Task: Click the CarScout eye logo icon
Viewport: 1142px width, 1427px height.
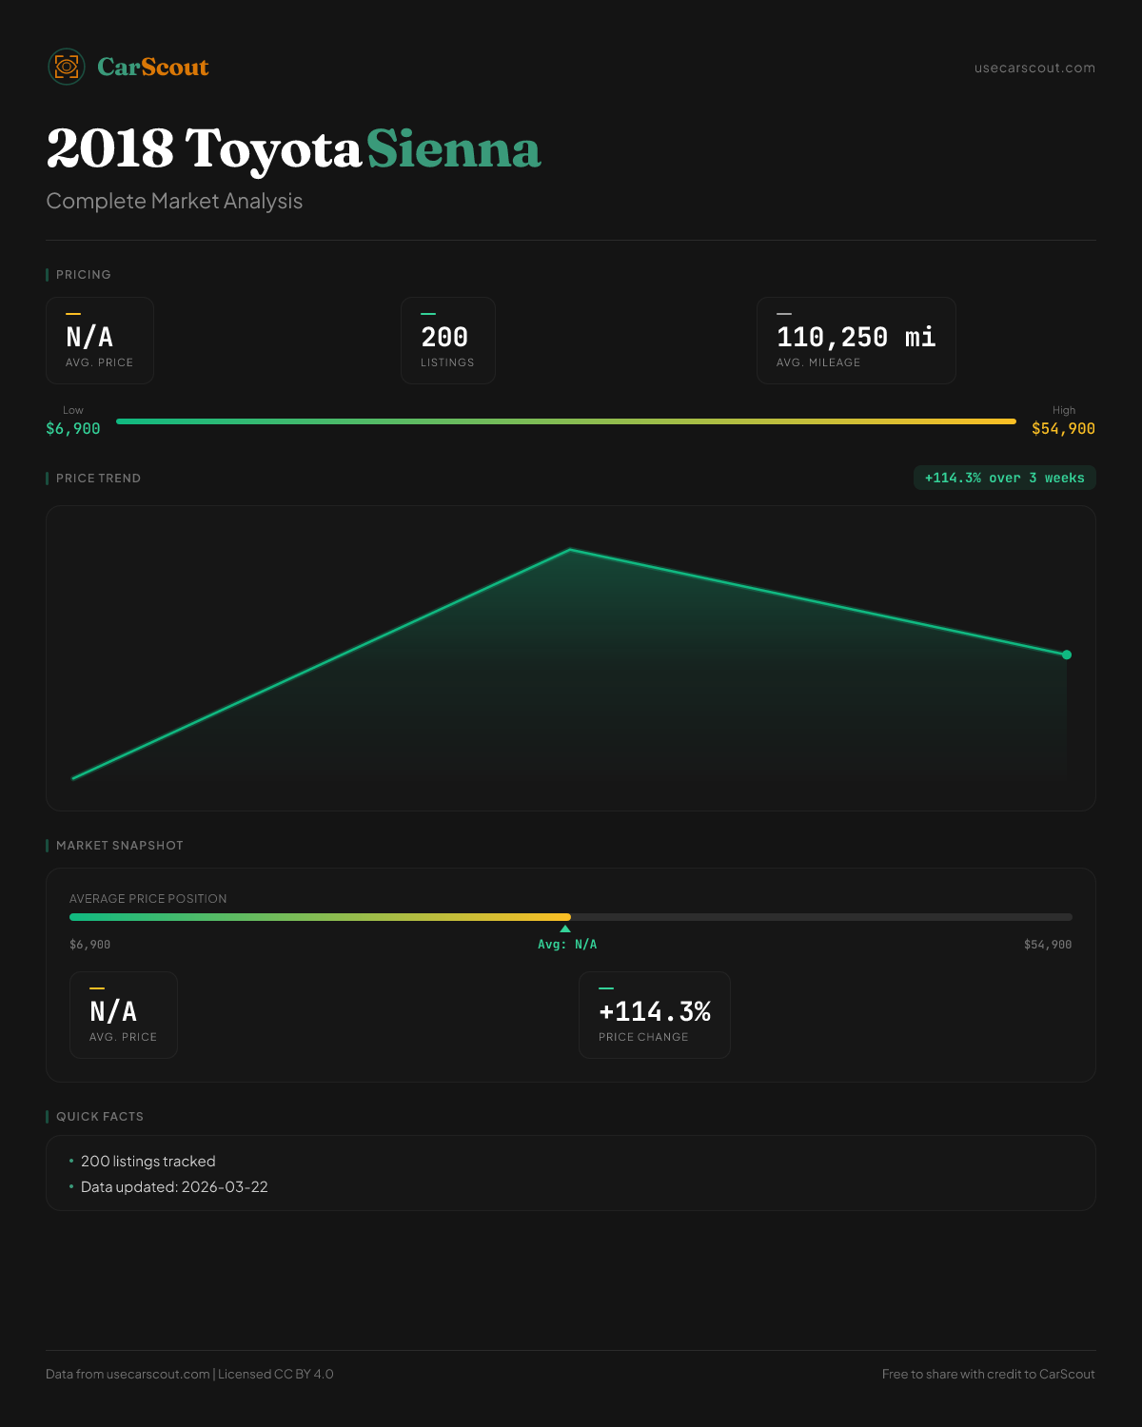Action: click(x=67, y=67)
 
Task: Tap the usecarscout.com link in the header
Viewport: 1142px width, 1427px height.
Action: click(x=1034, y=68)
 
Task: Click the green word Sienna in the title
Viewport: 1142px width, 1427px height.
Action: click(x=453, y=149)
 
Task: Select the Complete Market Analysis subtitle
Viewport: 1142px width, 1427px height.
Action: click(x=174, y=201)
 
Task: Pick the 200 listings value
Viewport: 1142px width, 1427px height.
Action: click(x=444, y=337)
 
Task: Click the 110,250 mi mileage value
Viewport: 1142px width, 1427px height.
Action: click(x=856, y=337)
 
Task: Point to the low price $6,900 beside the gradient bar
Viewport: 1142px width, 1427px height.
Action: click(x=73, y=429)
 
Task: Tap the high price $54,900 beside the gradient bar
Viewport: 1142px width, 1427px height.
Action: click(x=1063, y=429)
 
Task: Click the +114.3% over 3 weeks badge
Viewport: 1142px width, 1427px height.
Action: click(x=1004, y=478)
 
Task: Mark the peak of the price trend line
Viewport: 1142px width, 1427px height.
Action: click(x=570, y=549)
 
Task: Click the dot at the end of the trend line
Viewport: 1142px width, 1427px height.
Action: click(x=1067, y=655)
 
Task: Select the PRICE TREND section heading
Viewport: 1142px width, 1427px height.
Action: click(x=98, y=479)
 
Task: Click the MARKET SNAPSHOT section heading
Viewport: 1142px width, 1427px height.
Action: click(x=119, y=846)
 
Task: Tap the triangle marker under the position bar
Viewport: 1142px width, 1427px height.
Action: click(x=565, y=929)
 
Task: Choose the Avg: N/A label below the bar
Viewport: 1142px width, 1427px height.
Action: click(x=567, y=945)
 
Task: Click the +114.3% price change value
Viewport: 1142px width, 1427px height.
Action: click(x=655, y=1011)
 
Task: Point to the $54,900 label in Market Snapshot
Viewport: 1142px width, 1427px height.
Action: click(x=1047, y=945)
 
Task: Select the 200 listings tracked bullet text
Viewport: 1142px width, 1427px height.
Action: click(x=148, y=1162)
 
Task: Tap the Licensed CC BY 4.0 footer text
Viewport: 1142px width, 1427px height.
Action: click(x=276, y=1374)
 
